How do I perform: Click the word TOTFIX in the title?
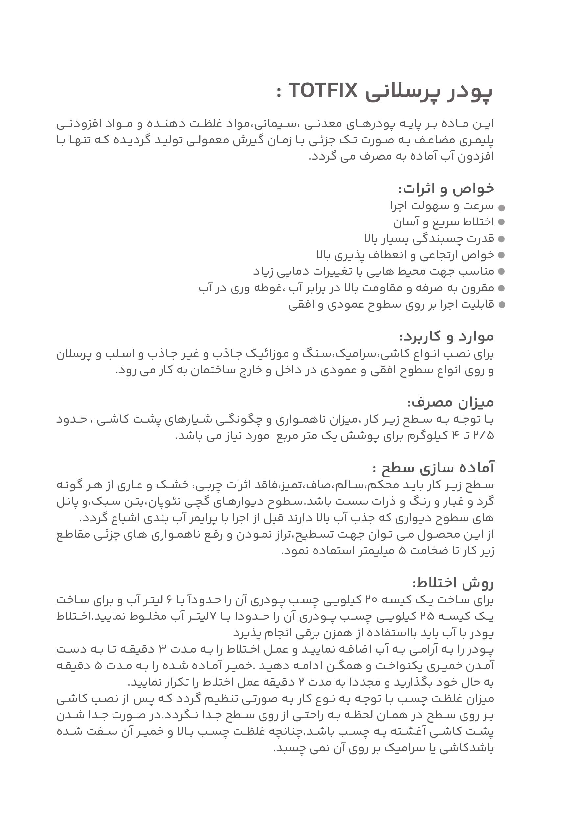pos(323,91)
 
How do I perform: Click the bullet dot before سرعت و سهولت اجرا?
pos(502,208)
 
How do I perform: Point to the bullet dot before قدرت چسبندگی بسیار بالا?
pos(502,239)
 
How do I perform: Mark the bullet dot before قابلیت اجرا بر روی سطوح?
pos(502,305)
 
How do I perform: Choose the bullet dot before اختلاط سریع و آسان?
pos(502,222)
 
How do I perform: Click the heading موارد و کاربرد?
pos(447,337)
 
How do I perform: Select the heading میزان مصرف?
pos(451,402)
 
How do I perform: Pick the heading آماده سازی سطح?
pos(434,468)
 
